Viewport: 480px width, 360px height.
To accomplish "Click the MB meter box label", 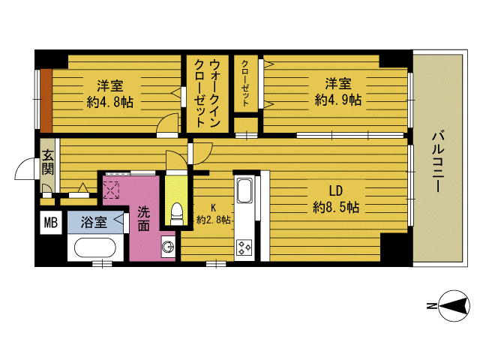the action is pos(51,223).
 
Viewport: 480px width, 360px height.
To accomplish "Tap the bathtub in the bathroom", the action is pos(95,248).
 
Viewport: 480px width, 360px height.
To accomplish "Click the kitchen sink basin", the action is pos(244,191).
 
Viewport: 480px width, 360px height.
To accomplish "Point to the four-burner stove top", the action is pos(244,247).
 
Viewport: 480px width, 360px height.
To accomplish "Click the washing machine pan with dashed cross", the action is pos(111,190).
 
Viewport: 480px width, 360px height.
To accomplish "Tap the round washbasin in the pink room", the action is pos(168,247).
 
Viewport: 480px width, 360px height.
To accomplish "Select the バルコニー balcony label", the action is pos(438,161).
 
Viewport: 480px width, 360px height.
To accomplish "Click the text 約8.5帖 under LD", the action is pos(335,207).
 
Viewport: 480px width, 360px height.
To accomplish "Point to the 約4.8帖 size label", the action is pos(110,102).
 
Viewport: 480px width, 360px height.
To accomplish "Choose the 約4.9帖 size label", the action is pos(338,100).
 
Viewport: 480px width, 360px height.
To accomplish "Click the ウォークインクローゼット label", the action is pos(207,93).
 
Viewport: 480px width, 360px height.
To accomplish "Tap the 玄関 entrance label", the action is pos(48,162).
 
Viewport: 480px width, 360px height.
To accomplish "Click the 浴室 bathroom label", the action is pos(94,222).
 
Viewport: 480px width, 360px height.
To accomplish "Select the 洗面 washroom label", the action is pos(143,218).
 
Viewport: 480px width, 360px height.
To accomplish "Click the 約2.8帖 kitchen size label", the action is pos(213,220).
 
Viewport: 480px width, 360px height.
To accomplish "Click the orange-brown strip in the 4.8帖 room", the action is pos(46,100).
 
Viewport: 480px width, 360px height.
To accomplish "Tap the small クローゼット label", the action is pos(245,83).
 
